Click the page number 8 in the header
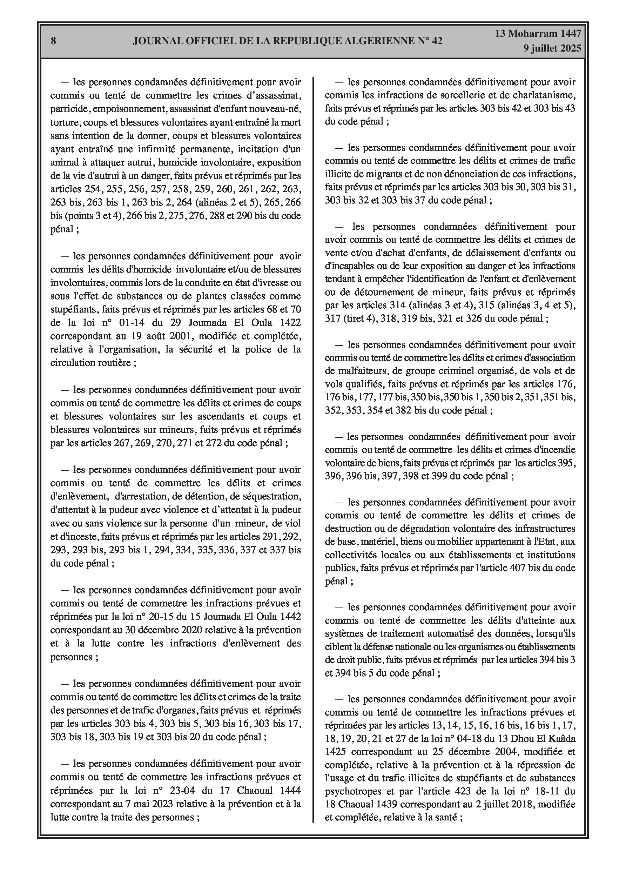coord(53,41)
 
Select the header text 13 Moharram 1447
coord(538,34)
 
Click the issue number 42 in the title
coord(437,41)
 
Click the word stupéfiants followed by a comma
coord(74,309)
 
